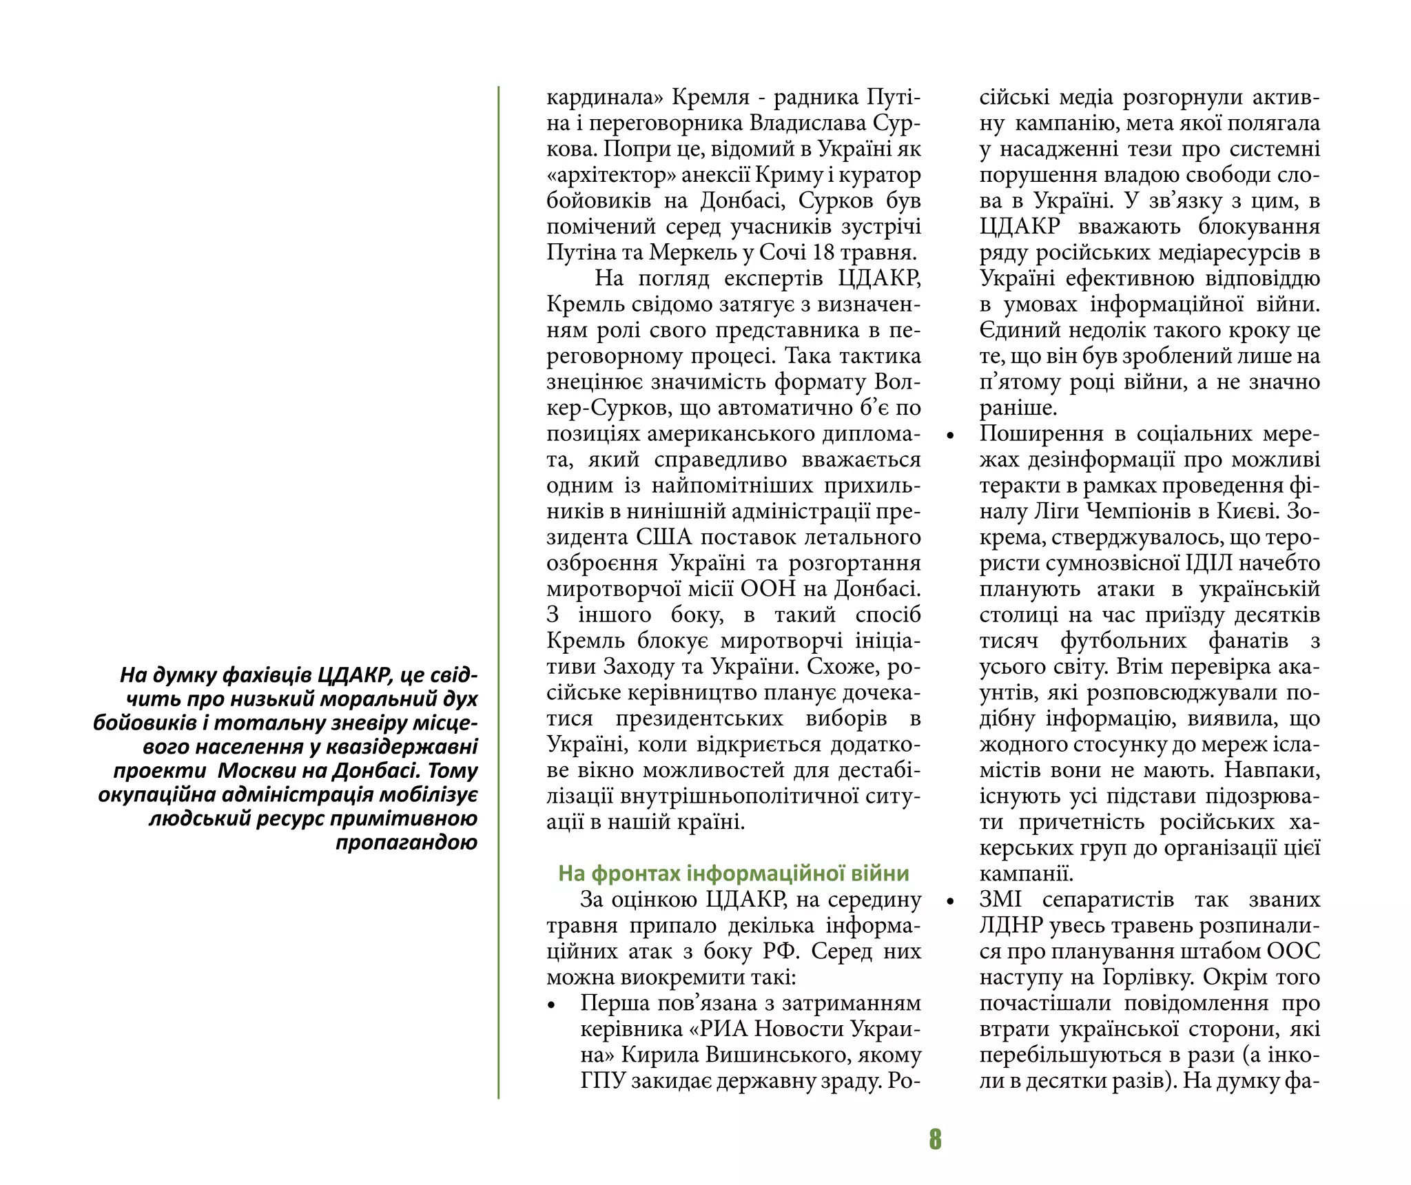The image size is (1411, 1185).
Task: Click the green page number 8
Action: (x=934, y=1139)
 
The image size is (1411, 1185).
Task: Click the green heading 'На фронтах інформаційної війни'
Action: (x=733, y=874)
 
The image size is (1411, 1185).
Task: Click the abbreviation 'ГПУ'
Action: (x=602, y=1081)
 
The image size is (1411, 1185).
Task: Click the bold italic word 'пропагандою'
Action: (x=406, y=843)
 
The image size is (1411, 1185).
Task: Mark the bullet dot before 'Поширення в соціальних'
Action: (x=951, y=436)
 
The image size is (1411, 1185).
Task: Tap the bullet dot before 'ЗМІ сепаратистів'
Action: (x=951, y=902)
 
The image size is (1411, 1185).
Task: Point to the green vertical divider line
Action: (x=498, y=592)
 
